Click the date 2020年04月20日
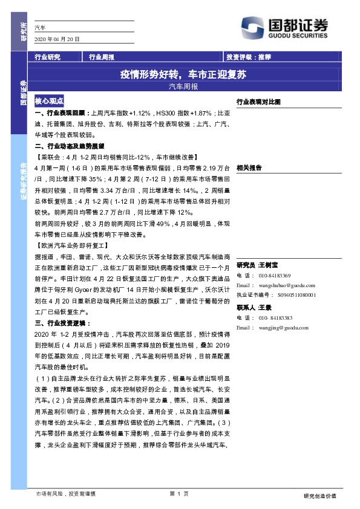tap(58, 39)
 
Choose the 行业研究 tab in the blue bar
tap(48, 57)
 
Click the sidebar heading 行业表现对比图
tap(258, 102)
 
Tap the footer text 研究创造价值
tap(319, 496)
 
